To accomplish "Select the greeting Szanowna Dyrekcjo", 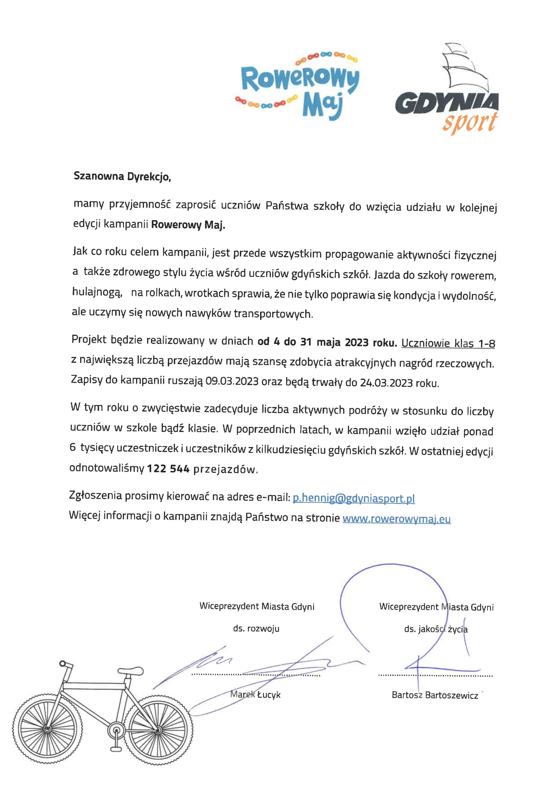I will (122, 176).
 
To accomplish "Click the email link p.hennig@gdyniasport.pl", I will (354, 498).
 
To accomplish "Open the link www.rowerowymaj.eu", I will (396, 519).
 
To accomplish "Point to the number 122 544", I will (168, 469).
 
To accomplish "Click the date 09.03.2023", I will (232, 381).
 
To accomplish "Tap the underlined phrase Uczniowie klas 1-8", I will (448, 343).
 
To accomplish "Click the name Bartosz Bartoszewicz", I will (435, 695).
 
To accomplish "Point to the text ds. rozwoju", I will (256, 629).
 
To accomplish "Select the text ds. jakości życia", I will (435, 629).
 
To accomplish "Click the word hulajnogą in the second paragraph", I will (97, 292).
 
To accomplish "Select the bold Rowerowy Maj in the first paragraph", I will (188, 225).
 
